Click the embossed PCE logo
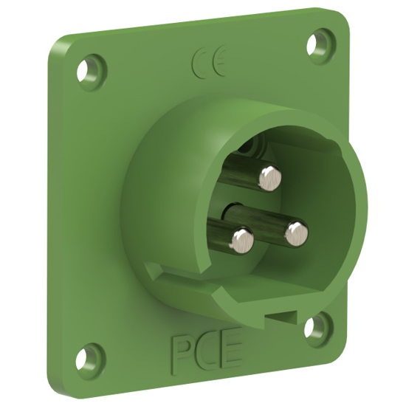[207, 353]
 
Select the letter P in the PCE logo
[181, 354]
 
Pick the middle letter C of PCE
[207, 353]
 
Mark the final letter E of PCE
[231, 351]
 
